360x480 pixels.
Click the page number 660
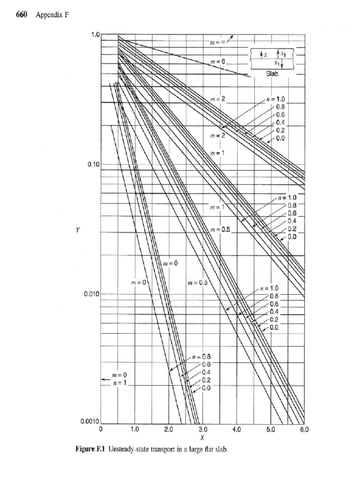pos(22,15)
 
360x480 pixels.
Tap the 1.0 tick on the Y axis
pos(96,34)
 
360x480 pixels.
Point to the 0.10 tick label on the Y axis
pos(94,165)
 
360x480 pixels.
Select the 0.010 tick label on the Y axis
pos(92,294)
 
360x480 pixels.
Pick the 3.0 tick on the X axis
pos(203,429)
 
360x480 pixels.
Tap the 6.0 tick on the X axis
pos(304,429)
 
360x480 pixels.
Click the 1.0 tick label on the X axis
pos(135,429)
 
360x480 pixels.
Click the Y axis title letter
pos(77,230)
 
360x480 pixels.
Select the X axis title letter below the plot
pos(202,437)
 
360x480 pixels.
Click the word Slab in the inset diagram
pos(272,74)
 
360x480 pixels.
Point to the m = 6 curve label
pos(218,61)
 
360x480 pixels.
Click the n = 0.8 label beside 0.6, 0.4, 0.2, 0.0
pos(202,357)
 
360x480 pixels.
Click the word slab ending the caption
pos(222,450)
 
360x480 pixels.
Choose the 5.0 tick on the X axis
pos(270,429)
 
